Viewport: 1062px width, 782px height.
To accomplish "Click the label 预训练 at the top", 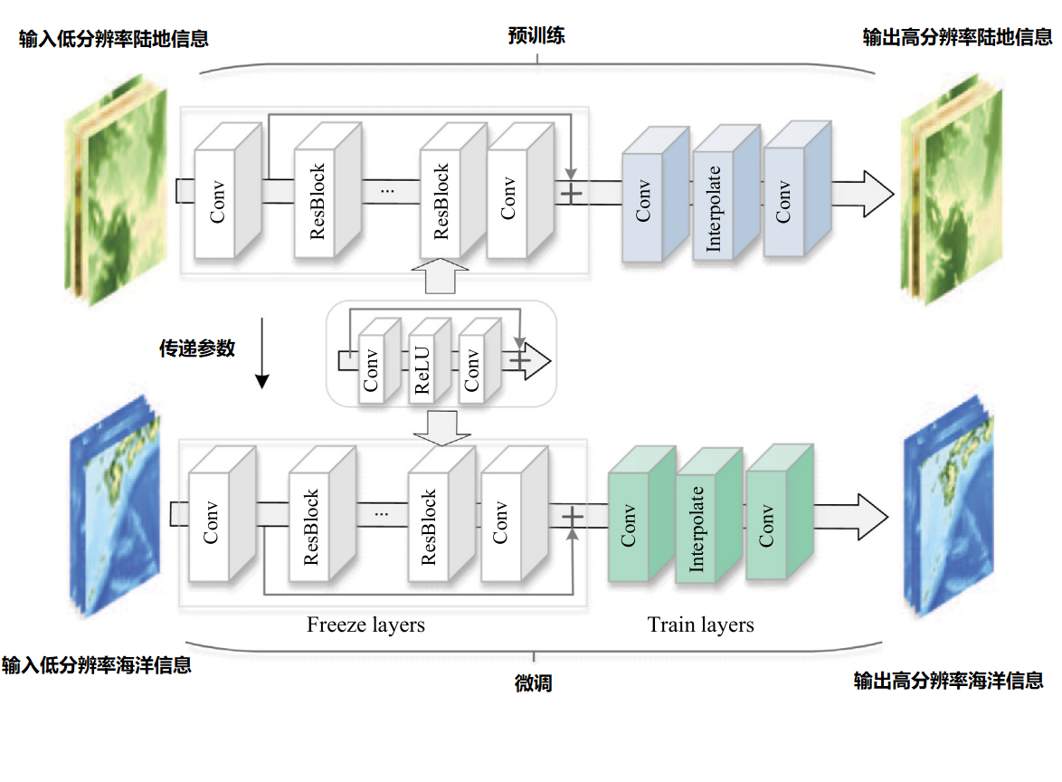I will coord(537,37).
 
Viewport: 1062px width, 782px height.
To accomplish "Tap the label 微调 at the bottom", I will coord(533,683).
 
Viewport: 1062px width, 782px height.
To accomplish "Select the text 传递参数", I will coord(197,348).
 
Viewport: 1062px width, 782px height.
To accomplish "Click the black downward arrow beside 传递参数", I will coord(261,353).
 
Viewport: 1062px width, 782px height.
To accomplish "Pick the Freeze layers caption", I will coord(365,625).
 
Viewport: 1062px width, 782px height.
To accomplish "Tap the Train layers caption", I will coord(700,625).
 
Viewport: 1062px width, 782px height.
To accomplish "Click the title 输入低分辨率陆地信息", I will coord(114,39).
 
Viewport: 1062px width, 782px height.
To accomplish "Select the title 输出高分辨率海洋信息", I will coord(948,681).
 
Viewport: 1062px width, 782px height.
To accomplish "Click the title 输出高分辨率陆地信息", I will coord(958,37).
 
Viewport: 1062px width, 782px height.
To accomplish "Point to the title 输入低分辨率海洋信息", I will coord(97,665).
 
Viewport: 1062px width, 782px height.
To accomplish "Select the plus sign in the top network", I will coord(572,193).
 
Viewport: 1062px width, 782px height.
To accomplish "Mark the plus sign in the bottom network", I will coord(572,516).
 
